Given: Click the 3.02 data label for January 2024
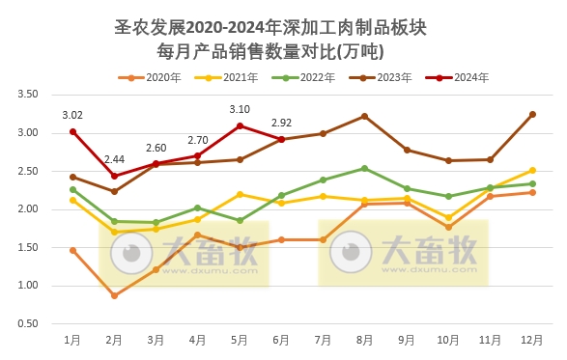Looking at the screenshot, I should coord(72,115).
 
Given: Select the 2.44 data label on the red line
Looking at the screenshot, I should coord(114,159).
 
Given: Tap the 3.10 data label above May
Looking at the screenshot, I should coord(240,109).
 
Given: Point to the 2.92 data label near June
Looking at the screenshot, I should coord(281,123).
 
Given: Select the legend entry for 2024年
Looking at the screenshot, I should coord(464,77).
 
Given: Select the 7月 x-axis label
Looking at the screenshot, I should coord(324,341).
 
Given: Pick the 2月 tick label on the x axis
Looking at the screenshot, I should coord(114,341).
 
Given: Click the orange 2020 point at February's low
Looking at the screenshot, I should coord(114,295).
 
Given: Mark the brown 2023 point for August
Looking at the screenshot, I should coord(364,116).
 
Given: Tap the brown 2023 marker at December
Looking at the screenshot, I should coord(532,114).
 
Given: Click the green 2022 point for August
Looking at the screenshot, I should coord(364,168).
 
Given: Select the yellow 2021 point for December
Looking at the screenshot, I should coord(532,170).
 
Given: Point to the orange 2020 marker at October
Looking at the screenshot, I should coord(448,227).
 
